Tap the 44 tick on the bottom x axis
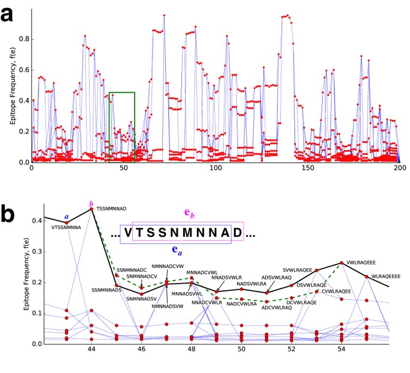point(92,350)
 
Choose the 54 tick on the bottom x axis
point(341,350)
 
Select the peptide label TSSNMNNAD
point(111,208)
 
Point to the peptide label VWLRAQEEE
point(361,262)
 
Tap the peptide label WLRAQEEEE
point(386,276)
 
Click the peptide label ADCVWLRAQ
point(266,308)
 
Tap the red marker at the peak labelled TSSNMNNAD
point(92,209)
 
